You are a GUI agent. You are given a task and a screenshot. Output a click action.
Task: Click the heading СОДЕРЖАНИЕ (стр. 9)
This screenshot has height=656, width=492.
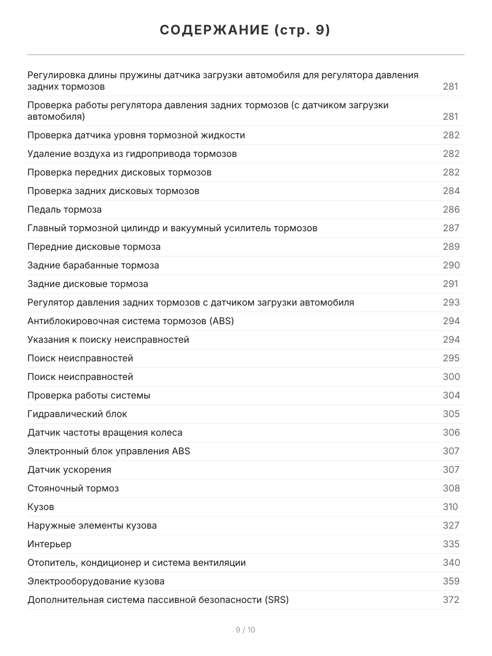pos(245,31)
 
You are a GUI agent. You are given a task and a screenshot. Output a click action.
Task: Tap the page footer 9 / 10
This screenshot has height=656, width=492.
pos(245,630)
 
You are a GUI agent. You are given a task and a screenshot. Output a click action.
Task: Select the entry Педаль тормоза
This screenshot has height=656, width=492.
pos(65,209)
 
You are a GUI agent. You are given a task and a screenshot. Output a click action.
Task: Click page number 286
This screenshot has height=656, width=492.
pos(451,209)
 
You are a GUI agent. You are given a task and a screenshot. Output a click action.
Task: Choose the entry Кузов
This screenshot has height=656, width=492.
pos(41,507)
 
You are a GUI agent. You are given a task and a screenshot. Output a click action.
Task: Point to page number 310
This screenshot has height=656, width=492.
pos(450,507)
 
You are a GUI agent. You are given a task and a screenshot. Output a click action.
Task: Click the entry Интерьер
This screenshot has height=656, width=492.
pos(49,544)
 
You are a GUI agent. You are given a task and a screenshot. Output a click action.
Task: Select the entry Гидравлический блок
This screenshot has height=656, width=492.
pos(77,414)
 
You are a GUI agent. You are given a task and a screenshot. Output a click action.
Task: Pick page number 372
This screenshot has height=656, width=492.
pos(451,600)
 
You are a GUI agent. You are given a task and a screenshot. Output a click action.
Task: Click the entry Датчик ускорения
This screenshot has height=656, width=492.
pos(69,470)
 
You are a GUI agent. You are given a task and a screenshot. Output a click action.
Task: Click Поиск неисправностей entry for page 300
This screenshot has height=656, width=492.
pos(80,377)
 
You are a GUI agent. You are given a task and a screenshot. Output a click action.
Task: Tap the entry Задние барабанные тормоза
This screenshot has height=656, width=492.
pos(93,265)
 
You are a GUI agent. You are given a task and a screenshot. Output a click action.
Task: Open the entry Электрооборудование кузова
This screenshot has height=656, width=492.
pos(96,581)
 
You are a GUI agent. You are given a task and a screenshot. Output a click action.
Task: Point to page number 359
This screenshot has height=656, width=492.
pos(451,581)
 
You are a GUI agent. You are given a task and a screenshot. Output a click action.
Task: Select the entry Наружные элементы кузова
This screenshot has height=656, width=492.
pos(92,525)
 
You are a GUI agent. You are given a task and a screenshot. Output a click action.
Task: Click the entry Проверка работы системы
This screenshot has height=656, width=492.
pos(89,395)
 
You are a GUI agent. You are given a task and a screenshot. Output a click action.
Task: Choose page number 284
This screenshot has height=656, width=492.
pos(451,191)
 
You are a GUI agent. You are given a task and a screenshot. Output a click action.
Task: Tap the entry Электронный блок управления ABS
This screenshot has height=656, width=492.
pos(109,451)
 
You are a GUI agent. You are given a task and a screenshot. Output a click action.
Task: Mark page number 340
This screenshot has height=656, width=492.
pos(451,563)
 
